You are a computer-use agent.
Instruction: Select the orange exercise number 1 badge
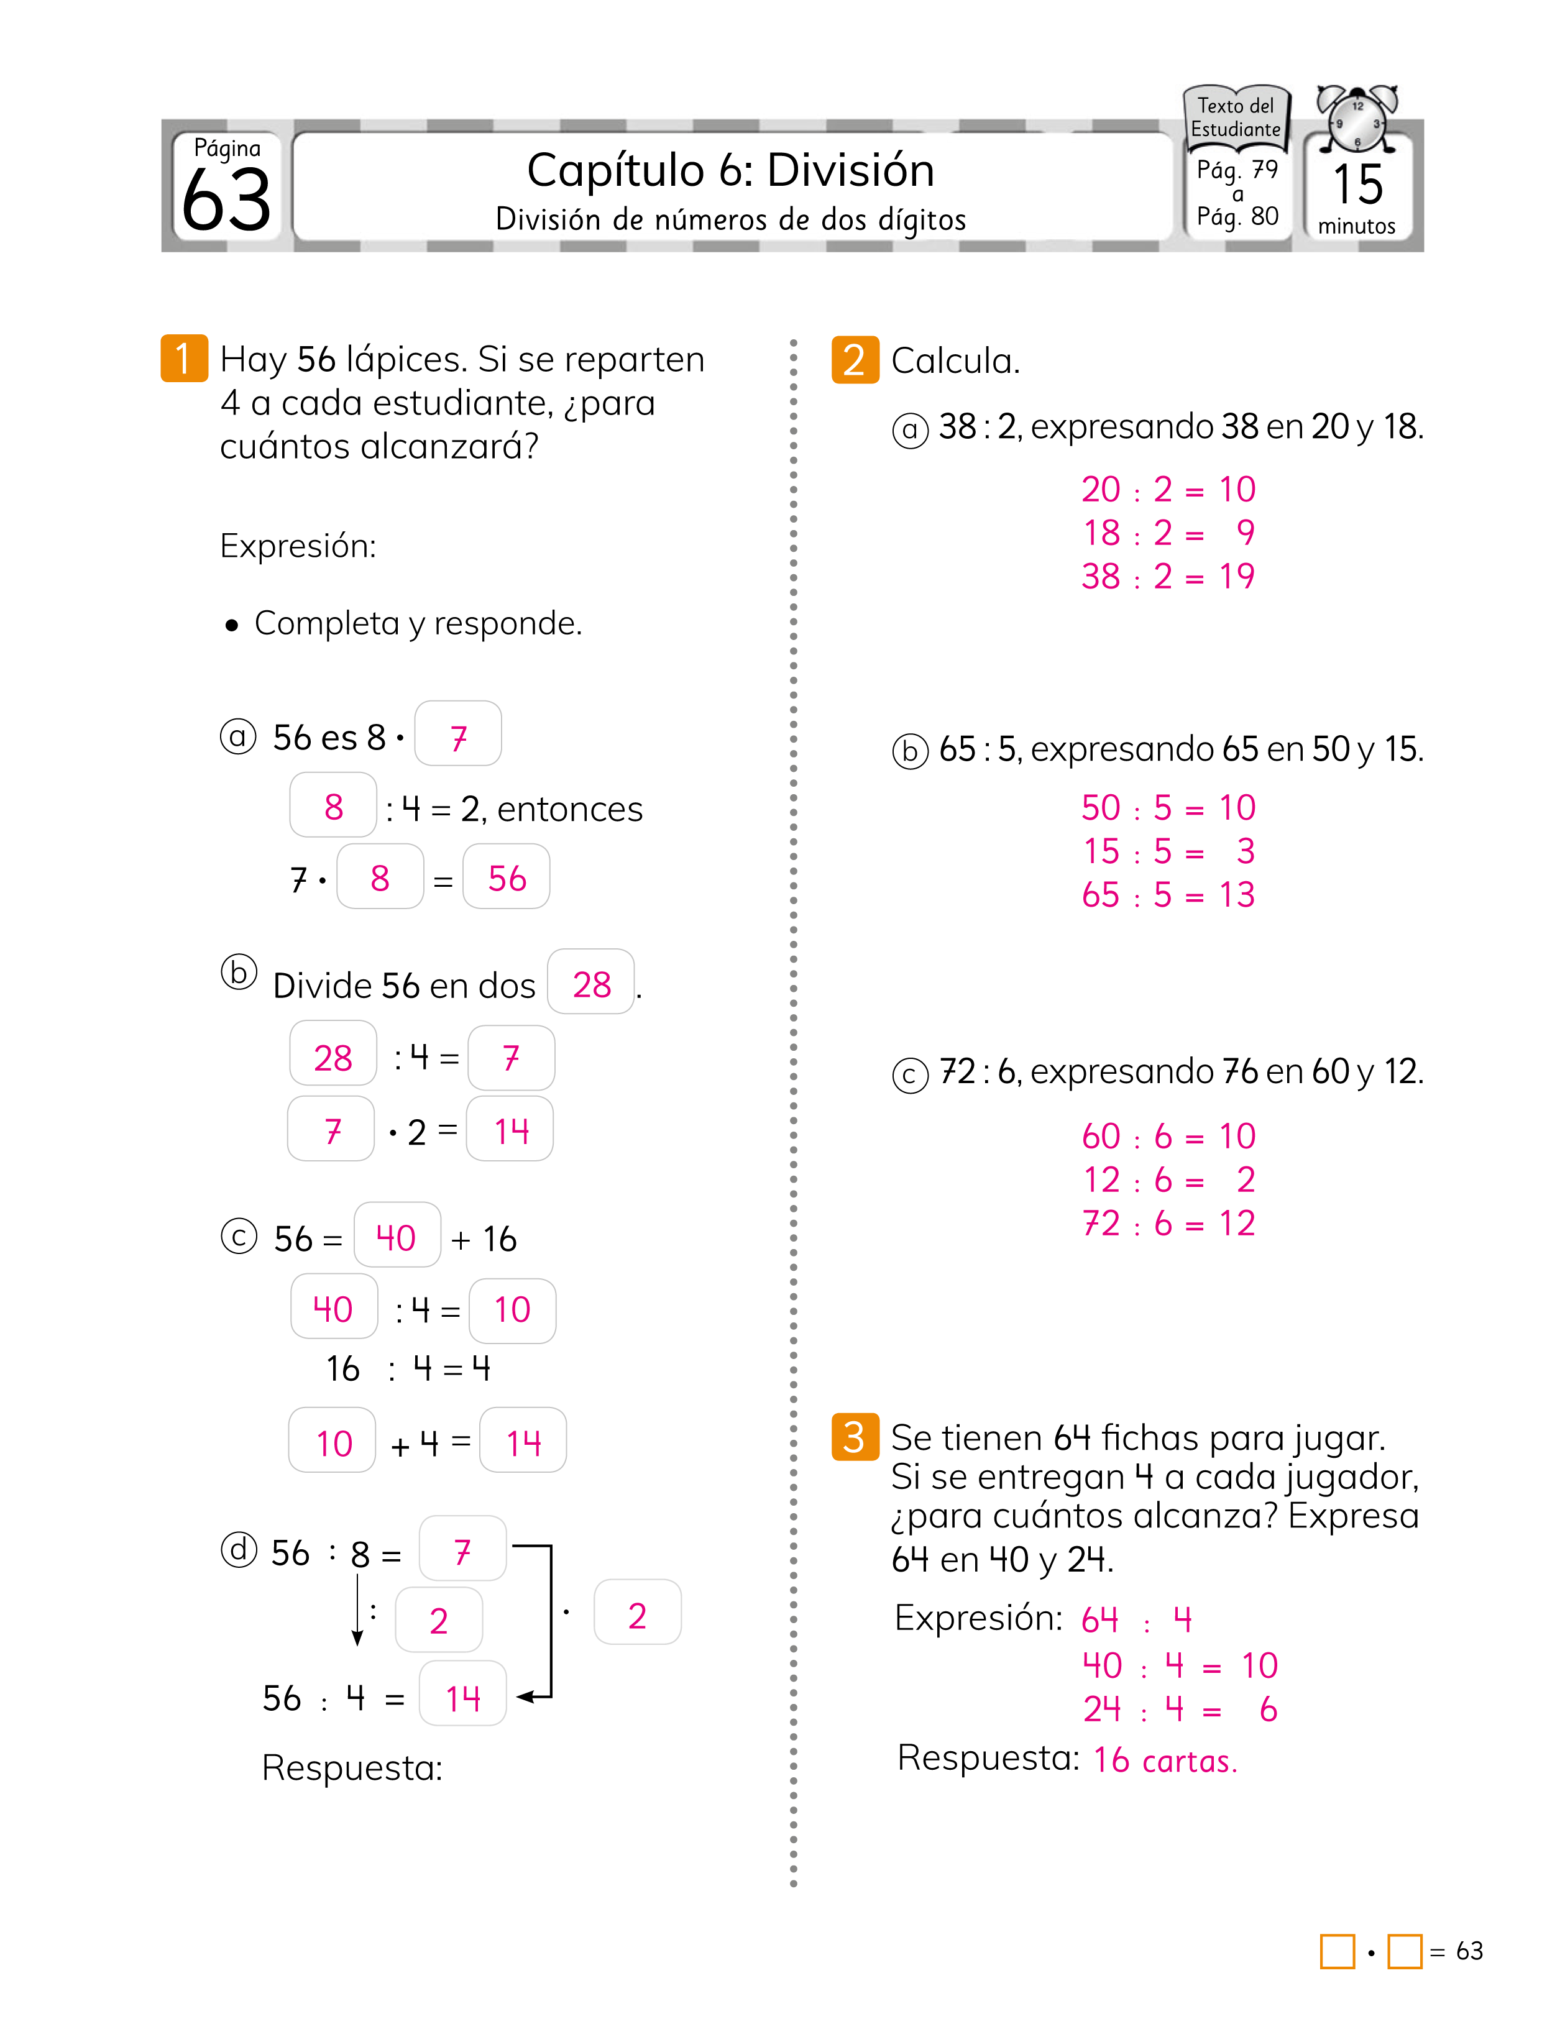point(183,358)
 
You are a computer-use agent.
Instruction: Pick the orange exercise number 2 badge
point(853,360)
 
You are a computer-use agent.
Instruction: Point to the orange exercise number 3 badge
point(853,1436)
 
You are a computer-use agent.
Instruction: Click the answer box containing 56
point(507,878)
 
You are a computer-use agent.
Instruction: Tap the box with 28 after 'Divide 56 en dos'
point(591,984)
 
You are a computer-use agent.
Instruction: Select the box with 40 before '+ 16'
point(397,1237)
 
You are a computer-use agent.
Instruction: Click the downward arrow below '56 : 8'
point(357,1611)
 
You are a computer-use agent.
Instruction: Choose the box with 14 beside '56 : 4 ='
point(462,1698)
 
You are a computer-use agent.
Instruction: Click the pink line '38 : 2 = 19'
point(1167,576)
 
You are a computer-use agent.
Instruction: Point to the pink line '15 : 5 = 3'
point(1167,851)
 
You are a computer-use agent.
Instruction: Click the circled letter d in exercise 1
point(239,1550)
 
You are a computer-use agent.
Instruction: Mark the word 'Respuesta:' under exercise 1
point(352,1767)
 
